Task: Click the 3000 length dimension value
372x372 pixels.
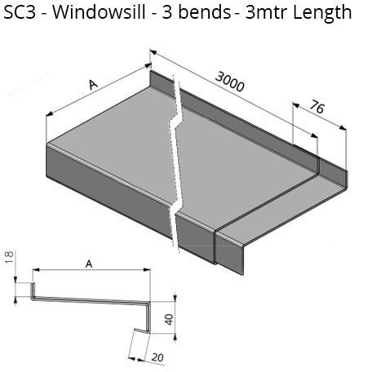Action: [x=230, y=82]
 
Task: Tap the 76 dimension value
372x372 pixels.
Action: [x=317, y=107]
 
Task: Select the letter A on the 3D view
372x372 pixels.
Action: [x=93, y=84]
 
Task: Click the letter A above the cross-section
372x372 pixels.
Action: [x=89, y=263]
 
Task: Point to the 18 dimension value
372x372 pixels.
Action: [x=9, y=257]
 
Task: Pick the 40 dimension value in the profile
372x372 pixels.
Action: [x=169, y=320]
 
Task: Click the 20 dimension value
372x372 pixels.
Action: [x=157, y=357]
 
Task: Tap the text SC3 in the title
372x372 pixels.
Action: [x=20, y=12]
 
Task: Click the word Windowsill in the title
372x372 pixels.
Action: [x=99, y=12]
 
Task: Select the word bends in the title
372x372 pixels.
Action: [x=204, y=12]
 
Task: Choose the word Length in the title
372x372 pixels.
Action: [x=322, y=14]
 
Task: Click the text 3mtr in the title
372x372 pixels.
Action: [x=267, y=13]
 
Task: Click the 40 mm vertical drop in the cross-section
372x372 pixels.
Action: [x=148, y=317]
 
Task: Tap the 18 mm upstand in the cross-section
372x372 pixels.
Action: [x=33, y=290]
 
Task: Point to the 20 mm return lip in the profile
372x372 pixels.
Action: [x=141, y=330]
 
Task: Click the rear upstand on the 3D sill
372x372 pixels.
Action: [x=234, y=120]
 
